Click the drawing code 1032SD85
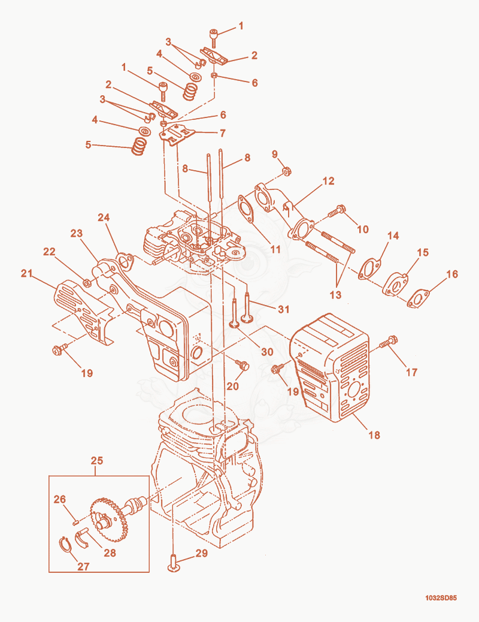441,598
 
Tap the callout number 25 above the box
97,461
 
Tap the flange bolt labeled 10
336,211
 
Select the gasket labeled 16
418,298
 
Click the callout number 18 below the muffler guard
374,435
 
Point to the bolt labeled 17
389,342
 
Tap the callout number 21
26,273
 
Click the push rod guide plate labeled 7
177,134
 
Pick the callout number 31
283,309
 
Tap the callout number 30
267,352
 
